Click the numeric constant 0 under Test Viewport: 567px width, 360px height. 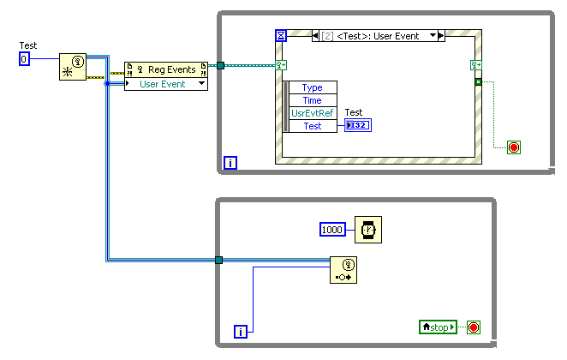coord(24,58)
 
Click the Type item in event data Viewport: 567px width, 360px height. coord(313,87)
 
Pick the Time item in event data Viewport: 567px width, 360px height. coord(313,100)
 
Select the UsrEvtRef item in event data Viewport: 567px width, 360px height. coord(313,113)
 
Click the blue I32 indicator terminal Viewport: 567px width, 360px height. coord(358,125)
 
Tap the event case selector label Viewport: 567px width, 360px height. coord(377,35)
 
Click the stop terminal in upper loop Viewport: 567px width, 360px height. coord(514,147)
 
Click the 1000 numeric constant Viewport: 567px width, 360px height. coord(333,229)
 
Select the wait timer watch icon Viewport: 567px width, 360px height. coord(368,229)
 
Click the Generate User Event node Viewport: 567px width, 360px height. coord(343,270)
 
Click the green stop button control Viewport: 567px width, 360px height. coord(438,327)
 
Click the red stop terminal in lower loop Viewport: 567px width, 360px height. coord(473,327)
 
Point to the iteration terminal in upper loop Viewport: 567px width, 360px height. coord(230,161)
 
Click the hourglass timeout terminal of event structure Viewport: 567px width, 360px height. coord(281,35)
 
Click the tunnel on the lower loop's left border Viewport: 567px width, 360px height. coord(218,260)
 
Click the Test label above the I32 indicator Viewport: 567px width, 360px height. coord(353,112)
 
